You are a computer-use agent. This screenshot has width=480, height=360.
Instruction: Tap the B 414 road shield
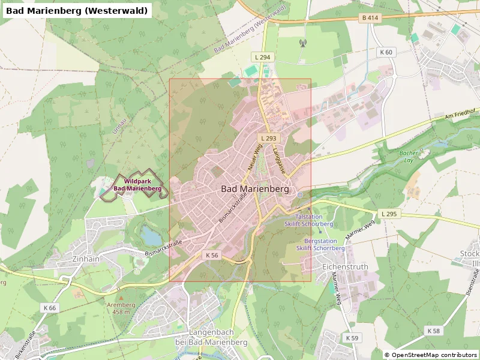click(370, 18)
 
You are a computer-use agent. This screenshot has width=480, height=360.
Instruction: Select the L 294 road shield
click(262, 57)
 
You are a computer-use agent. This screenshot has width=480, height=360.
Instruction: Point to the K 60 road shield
click(386, 52)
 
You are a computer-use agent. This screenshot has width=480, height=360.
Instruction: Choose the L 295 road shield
click(389, 214)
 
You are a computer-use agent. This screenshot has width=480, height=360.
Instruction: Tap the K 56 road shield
click(212, 255)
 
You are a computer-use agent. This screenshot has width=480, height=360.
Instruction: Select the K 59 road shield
click(352, 338)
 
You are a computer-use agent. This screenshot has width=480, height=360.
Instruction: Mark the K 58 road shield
click(433, 331)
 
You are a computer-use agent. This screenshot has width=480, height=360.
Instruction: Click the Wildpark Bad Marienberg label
click(138, 185)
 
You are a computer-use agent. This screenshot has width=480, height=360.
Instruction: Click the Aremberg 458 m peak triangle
click(121, 297)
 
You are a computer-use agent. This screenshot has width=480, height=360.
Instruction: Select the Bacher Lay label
click(409, 157)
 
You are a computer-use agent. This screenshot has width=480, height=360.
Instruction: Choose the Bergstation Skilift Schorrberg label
click(320, 244)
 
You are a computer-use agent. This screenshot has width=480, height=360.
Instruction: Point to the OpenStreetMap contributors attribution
click(431, 355)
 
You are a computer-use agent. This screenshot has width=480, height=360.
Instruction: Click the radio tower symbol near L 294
click(302, 43)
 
